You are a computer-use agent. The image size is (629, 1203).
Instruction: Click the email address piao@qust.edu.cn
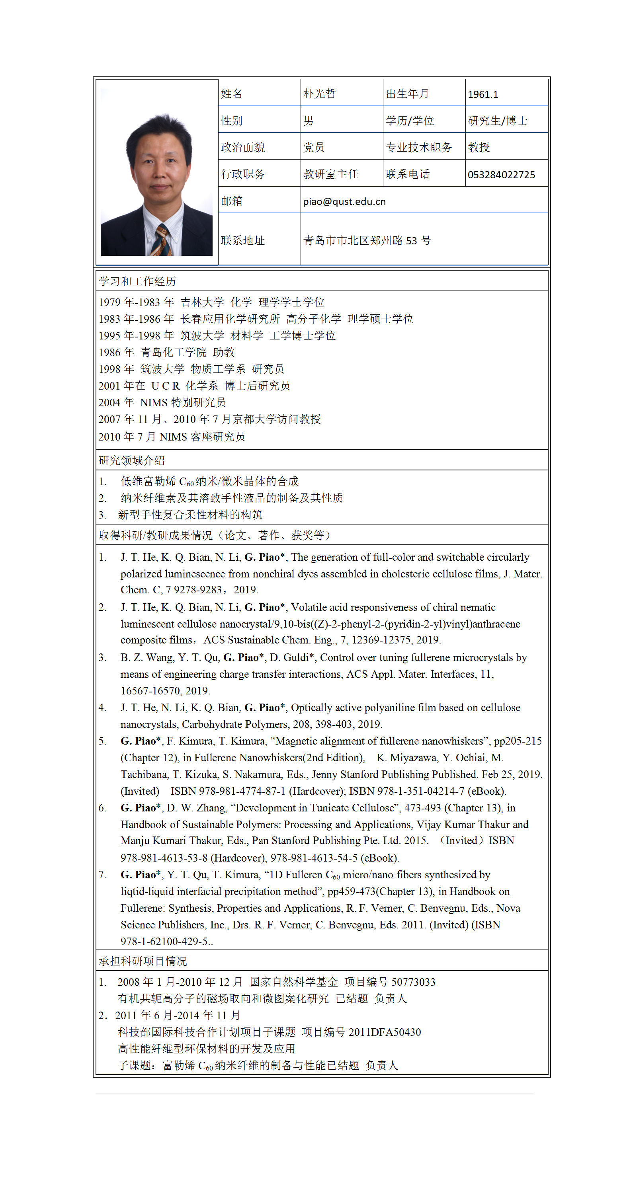(344, 202)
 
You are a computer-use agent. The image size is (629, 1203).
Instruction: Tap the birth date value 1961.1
(483, 94)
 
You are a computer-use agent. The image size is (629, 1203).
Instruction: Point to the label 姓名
(231, 94)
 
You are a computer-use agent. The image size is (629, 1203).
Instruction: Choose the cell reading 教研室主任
(330, 174)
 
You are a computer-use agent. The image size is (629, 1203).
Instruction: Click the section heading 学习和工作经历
(137, 281)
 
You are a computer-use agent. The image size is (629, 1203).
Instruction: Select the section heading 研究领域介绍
(131, 460)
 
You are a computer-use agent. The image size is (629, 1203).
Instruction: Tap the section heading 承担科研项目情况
(143, 961)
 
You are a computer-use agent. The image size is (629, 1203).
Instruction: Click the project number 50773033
(413, 982)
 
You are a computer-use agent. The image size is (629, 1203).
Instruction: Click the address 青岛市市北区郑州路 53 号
(367, 240)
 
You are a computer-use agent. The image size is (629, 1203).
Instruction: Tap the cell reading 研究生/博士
(497, 121)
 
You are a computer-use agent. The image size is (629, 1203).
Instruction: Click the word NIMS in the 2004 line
(153, 403)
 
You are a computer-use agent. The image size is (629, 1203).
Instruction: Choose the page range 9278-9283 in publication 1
(197, 590)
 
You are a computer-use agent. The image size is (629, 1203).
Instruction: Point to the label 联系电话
(408, 174)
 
